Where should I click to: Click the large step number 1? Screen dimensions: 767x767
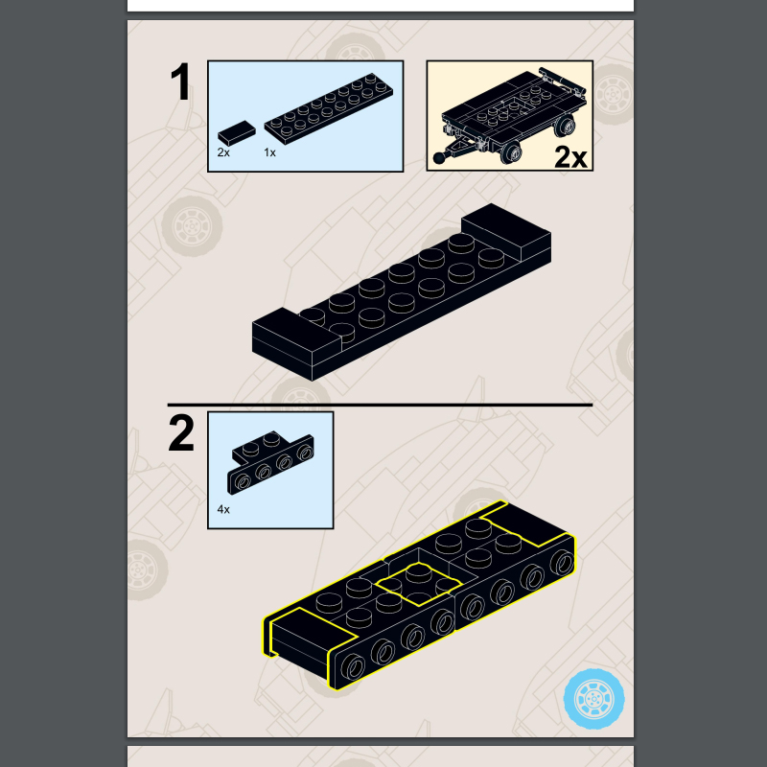(181, 82)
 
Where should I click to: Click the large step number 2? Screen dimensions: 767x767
(181, 433)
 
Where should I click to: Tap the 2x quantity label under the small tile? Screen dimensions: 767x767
(223, 152)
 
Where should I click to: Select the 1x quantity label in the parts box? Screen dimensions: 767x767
(269, 152)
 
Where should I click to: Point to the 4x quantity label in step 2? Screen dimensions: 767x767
(223, 510)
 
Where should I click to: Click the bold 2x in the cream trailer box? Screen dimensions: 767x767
(570, 157)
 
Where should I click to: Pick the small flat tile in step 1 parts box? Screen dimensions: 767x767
(237, 132)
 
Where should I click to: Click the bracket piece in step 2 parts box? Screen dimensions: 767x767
(270, 462)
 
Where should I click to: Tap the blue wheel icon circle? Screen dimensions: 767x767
(593, 699)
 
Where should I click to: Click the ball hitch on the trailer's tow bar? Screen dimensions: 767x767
(439, 157)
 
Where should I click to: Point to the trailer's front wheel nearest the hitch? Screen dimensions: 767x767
(512, 152)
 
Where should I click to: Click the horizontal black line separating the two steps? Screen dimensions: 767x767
(380, 405)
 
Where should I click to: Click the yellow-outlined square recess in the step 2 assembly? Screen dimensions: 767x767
(419, 584)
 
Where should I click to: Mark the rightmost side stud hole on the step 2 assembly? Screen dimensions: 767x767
(563, 562)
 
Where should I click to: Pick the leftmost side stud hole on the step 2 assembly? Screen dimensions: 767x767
(353, 666)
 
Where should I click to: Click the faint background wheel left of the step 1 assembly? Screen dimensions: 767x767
(193, 226)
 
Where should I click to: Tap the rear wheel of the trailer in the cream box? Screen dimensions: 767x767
(564, 127)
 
